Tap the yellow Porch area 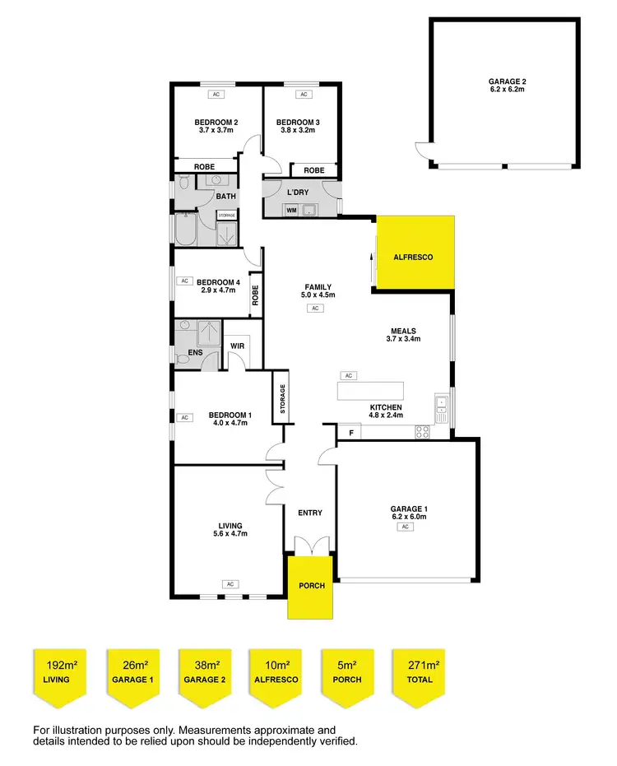(310, 586)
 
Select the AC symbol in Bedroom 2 (217, 95)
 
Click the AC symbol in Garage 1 (406, 527)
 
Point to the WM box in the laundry (291, 211)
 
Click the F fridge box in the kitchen (351, 432)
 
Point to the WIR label (239, 346)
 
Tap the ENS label (195, 355)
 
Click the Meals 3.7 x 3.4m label (405, 335)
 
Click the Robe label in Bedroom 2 (204, 167)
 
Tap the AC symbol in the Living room (230, 584)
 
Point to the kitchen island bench (371, 389)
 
